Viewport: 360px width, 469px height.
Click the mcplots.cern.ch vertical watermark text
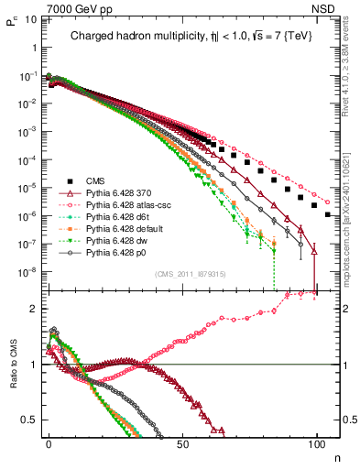point(348,211)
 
